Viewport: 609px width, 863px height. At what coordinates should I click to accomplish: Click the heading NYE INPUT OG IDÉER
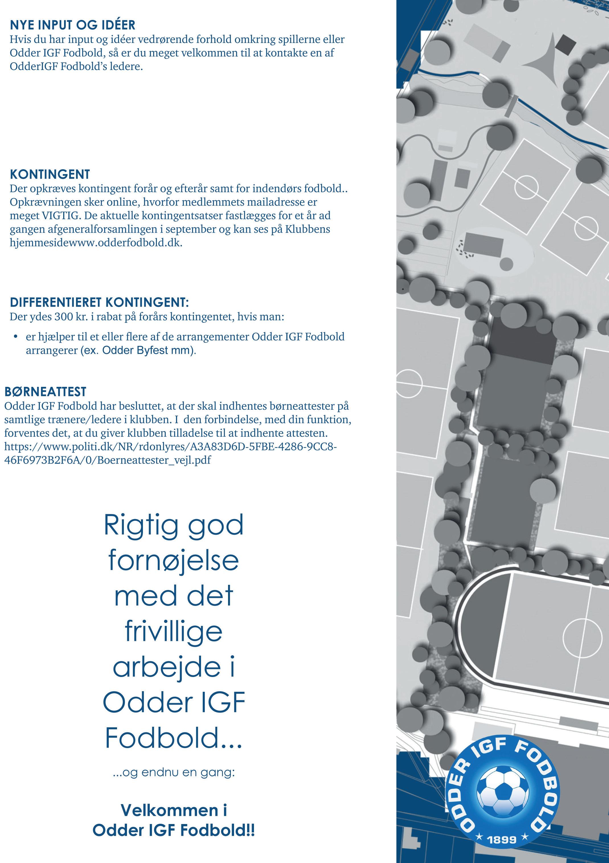click(x=72, y=25)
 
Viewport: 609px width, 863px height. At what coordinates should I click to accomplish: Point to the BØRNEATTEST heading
click(x=45, y=392)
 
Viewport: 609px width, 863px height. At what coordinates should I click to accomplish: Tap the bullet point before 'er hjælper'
click(x=15, y=337)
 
